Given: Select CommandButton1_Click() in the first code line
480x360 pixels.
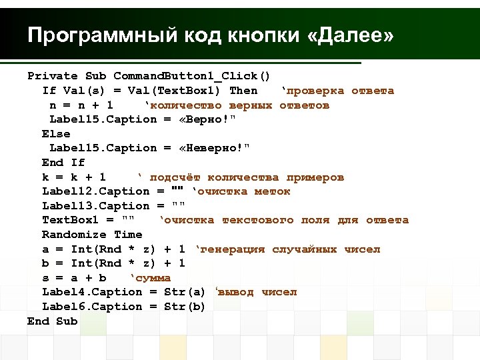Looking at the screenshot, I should (x=191, y=76).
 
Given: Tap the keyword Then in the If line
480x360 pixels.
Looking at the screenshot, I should (x=243, y=91).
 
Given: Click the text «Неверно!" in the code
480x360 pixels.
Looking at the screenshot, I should (x=215, y=148).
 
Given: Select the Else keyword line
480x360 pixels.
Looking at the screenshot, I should (x=56, y=133).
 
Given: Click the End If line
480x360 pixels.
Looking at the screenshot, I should (x=63, y=163).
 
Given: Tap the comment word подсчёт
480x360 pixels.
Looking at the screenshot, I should (x=175, y=177).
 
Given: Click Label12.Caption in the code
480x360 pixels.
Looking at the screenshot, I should (x=96, y=191).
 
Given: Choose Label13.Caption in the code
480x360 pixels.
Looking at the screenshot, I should (x=96, y=206).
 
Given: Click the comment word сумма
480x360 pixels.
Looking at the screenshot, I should (x=151, y=278).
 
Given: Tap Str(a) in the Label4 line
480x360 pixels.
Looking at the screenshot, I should (x=185, y=292).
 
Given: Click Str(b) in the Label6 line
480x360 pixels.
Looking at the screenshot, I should (x=185, y=307).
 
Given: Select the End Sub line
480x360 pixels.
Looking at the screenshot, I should (x=53, y=321).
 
